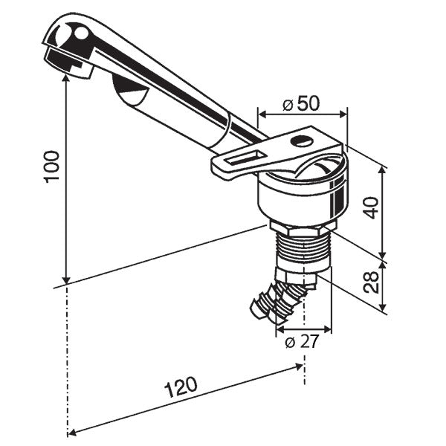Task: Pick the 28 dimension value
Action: (372, 281)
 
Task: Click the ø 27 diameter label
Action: (302, 343)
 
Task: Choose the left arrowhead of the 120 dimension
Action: (72, 432)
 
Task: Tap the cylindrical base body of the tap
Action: (301, 197)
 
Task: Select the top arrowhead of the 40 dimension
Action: (383, 170)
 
